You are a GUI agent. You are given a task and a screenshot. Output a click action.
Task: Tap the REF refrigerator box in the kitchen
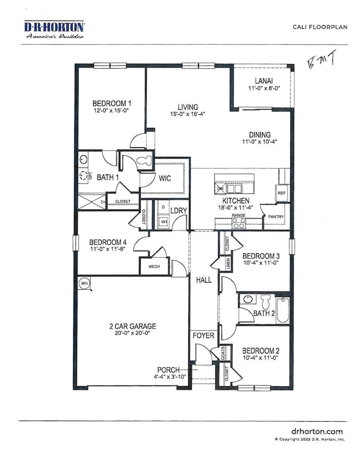[x=281, y=193]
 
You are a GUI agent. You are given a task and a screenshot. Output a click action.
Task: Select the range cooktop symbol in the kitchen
[x=239, y=223]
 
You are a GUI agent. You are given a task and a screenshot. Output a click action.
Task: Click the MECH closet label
[x=155, y=266]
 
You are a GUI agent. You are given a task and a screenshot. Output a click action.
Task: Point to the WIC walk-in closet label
[x=164, y=178]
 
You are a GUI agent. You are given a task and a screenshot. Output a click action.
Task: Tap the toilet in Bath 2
[x=264, y=302]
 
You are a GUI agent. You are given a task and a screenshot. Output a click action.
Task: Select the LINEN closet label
[x=228, y=264]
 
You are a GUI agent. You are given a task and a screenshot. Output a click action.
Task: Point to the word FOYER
[x=203, y=335]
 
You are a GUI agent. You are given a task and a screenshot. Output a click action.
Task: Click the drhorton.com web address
[x=317, y=431]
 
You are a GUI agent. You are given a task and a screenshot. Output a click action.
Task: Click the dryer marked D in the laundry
[x=163, y=207]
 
